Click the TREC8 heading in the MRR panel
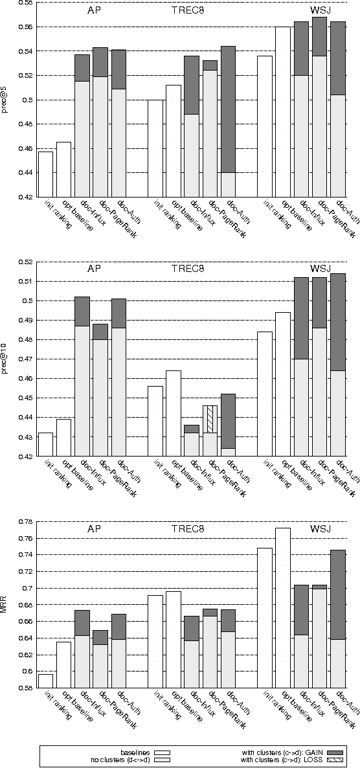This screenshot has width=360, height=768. tap(188, 529)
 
